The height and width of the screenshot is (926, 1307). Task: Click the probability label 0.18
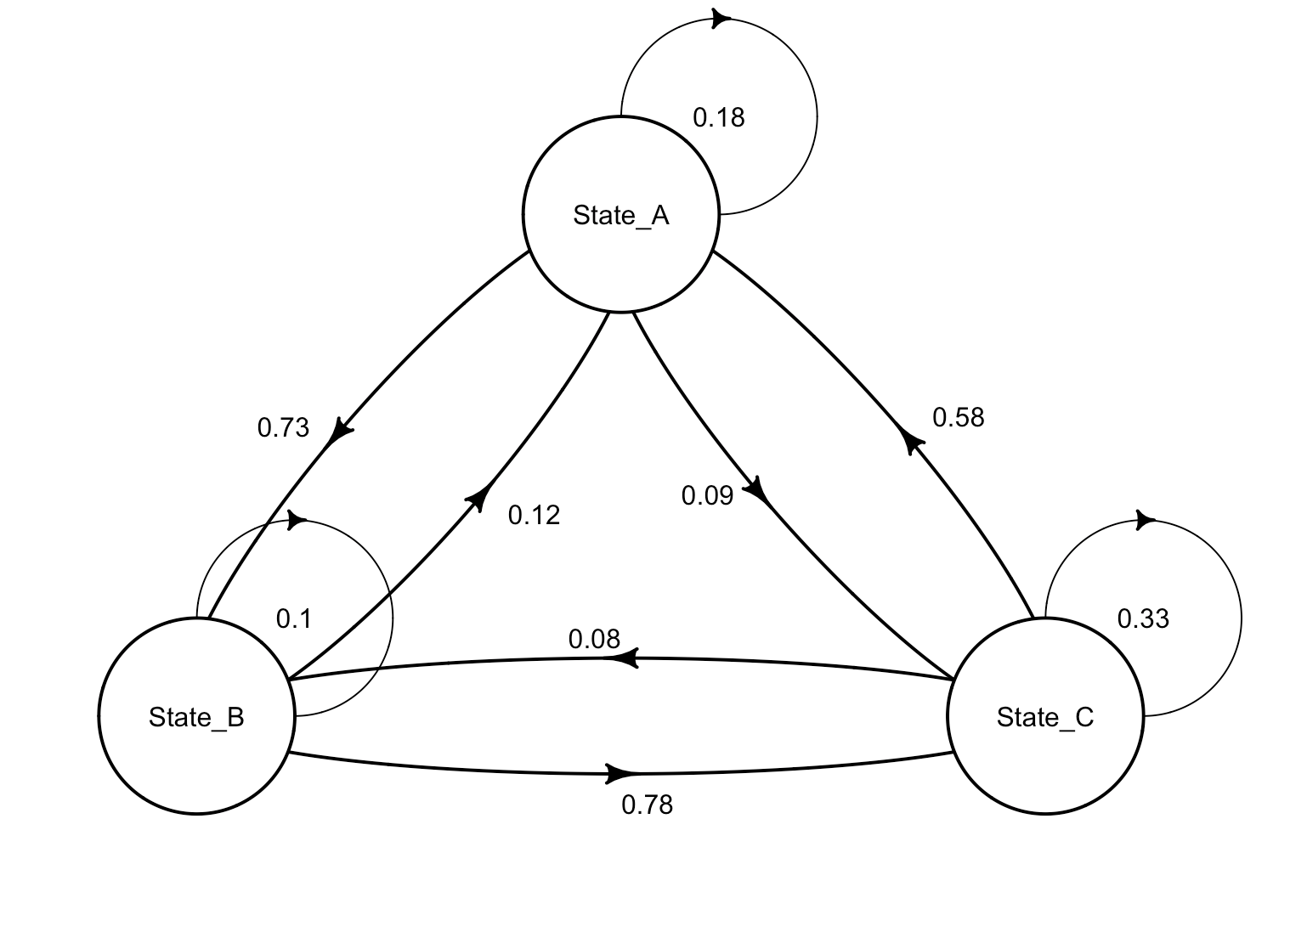pyautogui.click(x=719, y=118)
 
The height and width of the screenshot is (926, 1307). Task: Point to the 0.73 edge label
pyautogui.click(x=283, y=428)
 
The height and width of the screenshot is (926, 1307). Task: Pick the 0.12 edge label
pyautogui.click(x=534, y=516)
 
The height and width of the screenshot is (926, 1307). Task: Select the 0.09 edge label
pyautogui.click(x=707, y=495)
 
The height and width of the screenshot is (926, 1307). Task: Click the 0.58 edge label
pyautogui.click(x=958, y=417)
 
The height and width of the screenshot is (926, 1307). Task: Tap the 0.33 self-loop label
pyautogui.click(x=1143, y=618)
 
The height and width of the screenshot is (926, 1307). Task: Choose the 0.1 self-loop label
pyautogui.click(x=294, y=618)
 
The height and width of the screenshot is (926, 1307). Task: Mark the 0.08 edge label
pyautogui.click(x=594, y=640)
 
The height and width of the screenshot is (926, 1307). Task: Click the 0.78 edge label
pyautogui.click(x=647, y=805)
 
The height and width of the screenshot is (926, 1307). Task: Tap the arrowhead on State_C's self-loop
pyautogui.click(x=1146, y=520)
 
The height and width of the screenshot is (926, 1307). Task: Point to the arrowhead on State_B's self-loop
pyautogui.click(x=297, y=520)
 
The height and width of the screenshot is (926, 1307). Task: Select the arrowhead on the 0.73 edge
pyautogui.click(x=340, y=432)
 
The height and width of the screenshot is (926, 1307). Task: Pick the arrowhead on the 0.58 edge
pyautogui.click(x=910, y=438)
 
